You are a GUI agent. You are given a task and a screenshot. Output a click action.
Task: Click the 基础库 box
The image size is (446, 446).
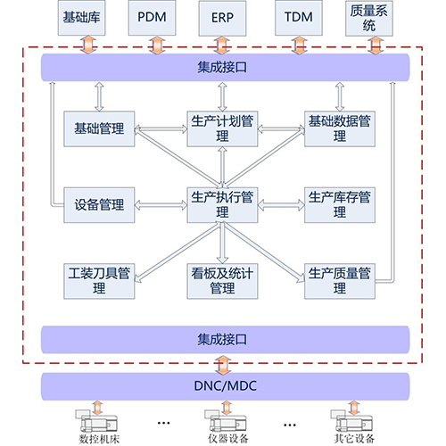click(81, 18)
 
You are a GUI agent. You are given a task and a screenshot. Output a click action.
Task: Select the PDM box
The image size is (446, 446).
click(152, 18)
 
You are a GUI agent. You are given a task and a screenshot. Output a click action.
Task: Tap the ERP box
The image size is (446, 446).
click(222, 18)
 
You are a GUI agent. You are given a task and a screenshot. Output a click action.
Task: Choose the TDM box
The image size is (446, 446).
click(299, 18)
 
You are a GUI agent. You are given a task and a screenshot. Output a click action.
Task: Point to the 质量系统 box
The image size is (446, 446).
click(369, 18)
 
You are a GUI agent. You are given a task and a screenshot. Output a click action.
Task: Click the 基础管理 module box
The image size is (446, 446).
click(99, 128)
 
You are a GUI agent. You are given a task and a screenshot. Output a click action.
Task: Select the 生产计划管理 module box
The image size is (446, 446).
click(222, 128)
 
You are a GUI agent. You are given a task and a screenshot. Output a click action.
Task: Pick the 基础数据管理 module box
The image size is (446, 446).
click(340, 128)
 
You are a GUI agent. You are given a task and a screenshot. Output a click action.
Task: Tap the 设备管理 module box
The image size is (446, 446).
click(99, 205)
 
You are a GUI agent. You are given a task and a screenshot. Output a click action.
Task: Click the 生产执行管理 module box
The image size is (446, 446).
click(222, 205)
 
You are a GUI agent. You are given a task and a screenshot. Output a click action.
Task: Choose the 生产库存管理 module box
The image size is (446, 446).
click(340, 205)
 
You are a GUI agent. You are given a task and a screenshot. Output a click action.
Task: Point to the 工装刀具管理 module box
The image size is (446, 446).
click(99, 281)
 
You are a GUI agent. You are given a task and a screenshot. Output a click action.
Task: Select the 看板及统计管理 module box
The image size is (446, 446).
click(222, 281)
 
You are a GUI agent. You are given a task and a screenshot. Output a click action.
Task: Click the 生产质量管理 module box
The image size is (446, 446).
click(340, 281)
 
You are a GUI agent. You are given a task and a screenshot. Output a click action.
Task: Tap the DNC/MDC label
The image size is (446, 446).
click(225, 386)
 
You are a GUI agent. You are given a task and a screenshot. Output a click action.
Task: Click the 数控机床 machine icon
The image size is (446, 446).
click(96, 420)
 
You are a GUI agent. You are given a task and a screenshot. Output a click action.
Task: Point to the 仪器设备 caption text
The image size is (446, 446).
click(227, 439)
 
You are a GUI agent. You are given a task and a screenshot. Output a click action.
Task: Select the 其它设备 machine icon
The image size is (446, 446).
click(351, 420)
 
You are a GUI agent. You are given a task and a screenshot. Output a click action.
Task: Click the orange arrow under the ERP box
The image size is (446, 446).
click(222, 45)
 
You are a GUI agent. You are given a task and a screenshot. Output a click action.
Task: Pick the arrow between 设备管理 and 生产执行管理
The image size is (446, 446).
click(161, 205)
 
